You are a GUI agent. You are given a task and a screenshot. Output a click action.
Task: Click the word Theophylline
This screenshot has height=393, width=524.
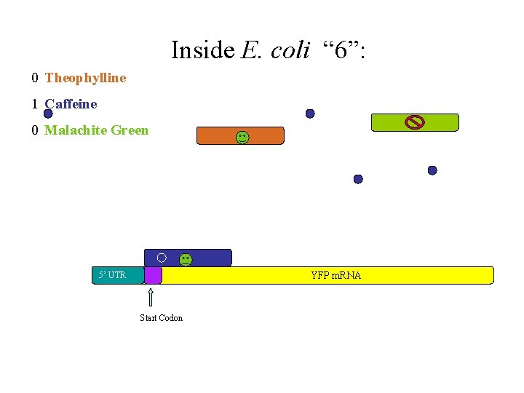pyautogui.click(x=85, y=78)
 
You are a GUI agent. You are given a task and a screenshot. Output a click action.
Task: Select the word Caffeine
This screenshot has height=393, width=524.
pyautogui.click(x=71, y=104)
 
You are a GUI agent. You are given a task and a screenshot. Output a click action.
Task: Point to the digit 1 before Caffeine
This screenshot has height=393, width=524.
pyautogui.click(x=35, y=104)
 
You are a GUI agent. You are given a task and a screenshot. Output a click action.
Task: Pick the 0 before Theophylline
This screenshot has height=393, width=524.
pyautogui.click(x=35, y=78)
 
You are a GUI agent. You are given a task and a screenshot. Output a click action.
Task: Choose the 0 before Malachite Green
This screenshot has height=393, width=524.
pyautogui.click(x=35, y=130)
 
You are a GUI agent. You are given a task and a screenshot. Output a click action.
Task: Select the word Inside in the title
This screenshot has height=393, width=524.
pyautogui.click(x=203, y=50)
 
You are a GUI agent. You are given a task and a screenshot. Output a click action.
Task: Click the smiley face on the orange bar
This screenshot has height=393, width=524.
pyautogui.click(x=242, y=136)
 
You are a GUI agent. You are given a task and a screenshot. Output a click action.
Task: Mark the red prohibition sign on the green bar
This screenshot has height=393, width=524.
pyautogui.click(x=414, y=122)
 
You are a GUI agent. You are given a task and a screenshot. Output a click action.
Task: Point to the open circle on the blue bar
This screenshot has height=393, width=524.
pyautogui.click(x=162, y=257)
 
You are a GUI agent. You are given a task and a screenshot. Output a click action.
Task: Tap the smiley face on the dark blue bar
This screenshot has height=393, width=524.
pyautogui.click(x=186, y=258)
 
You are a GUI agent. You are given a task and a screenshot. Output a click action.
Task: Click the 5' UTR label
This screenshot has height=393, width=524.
pyautogui.click(x=112, y=275)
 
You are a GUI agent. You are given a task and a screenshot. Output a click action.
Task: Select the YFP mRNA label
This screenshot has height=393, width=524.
pyautogui.click(x=336, y=275)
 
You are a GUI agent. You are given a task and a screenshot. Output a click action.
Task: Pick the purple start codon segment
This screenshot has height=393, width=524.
pyautogui.click(x=153, y=275)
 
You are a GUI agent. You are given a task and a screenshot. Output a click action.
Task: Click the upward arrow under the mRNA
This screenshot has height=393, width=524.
pyautogui.click(x=151, y=297)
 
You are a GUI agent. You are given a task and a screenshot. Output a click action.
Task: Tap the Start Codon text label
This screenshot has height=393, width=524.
pyautogui.click(x=161, y=318)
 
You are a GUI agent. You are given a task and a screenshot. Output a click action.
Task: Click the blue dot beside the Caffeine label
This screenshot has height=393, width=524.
pyautogui.click(x=48, y=114)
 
